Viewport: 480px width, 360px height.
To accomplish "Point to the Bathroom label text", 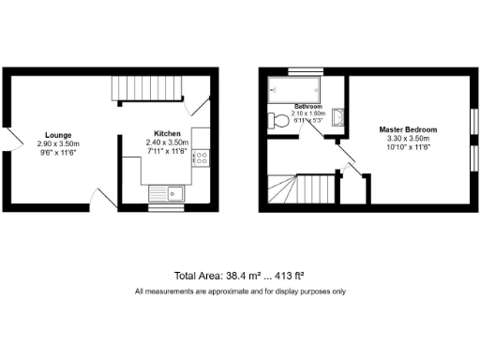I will (308, 107).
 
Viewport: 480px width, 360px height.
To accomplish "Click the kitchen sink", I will (168, 194).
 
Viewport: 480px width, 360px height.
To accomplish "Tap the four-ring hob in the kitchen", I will (200, 159).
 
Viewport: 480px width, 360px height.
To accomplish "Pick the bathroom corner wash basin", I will (338, 116).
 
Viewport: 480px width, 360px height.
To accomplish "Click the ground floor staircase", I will (145, 89).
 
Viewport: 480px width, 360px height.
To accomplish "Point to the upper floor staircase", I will (300, 191).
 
